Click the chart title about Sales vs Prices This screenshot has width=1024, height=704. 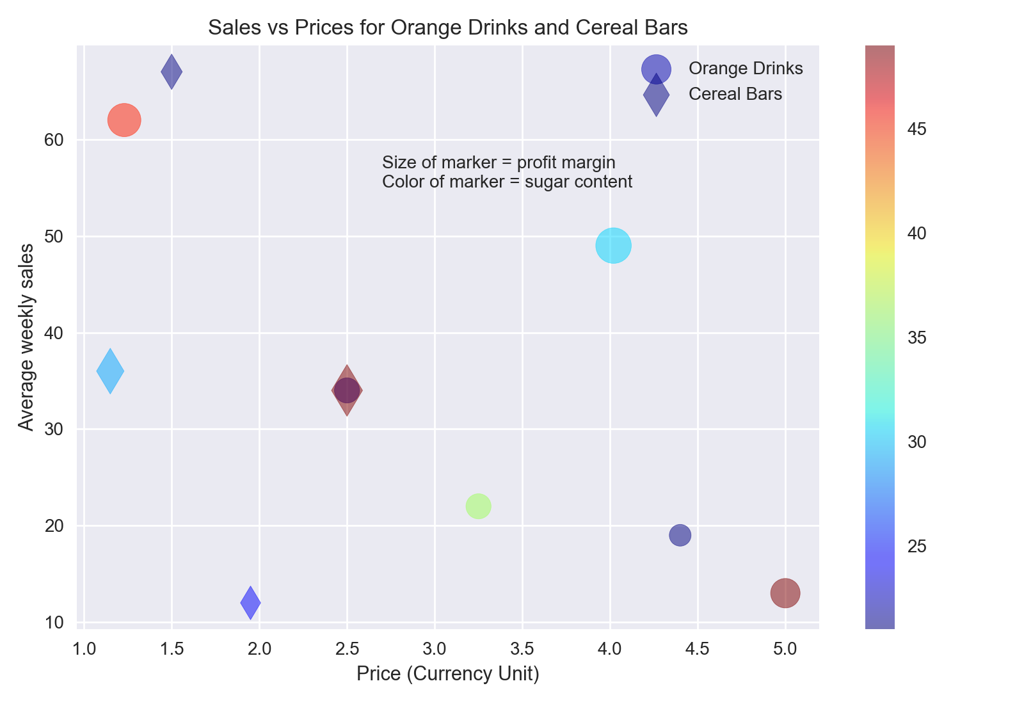(x=447, y=28)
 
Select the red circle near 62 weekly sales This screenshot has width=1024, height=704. (x=124, y=120)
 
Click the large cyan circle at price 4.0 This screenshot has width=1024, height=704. (x=613, y=246)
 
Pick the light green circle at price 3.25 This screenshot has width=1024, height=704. (x=478, y=506)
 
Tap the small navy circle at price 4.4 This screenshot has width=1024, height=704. (x=680, y=535)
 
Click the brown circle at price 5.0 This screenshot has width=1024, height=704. (x=785, y=593)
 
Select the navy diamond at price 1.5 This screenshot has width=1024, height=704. (x=172, y=72)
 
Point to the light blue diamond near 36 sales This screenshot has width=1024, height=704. (x=110, y=371)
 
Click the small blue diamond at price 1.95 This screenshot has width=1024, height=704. (x=250, y=602)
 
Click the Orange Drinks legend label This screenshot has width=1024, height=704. (x=746, y=68)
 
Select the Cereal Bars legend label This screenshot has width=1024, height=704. (x=735, y=94)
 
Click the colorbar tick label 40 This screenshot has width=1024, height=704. (x=916, y=234)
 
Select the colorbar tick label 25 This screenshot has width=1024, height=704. (x=916, y=547)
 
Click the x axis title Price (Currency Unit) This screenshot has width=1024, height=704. (x=447, y=674)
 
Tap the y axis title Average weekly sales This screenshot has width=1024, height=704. (x=26, y=337)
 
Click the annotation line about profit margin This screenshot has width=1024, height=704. (x=499, y=163)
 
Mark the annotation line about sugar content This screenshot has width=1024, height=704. (x=507, y=182)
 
